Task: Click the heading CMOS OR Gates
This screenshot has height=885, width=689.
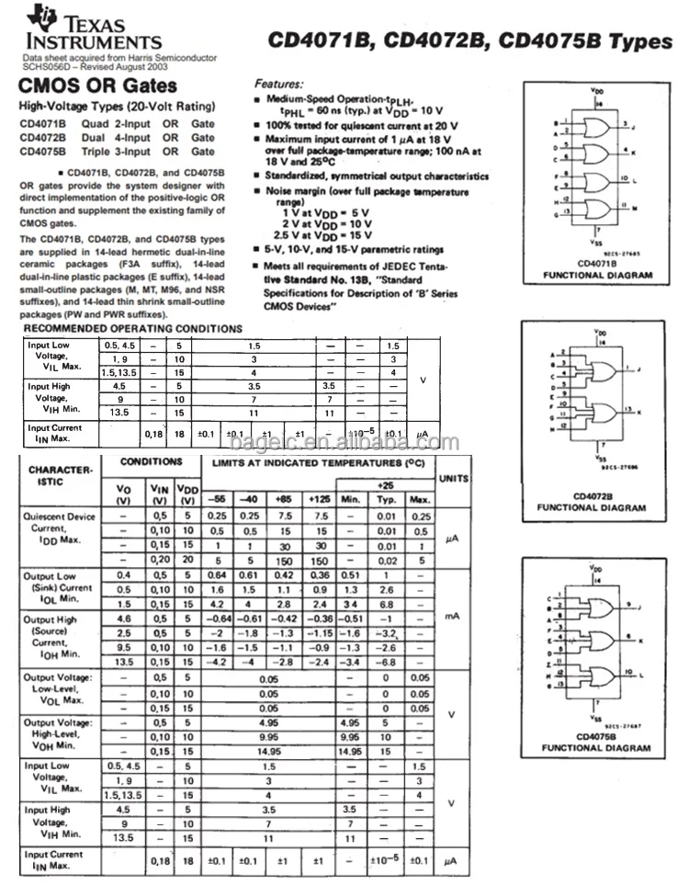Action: click(98, 87)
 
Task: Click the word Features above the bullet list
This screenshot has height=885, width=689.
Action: click(278, 83)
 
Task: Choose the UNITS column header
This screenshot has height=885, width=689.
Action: click(453, 479)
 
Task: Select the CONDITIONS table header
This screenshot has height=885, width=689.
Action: click(152, 462)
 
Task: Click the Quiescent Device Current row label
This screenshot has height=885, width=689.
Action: click(59, 529)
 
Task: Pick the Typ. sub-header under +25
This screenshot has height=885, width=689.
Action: click(387, 499)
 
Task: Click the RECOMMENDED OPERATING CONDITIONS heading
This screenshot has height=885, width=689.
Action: click(133, 329)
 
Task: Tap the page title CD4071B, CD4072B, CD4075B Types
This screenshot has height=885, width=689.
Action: click(469, 42)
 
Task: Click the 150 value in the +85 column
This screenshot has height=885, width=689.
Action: click(284, 561)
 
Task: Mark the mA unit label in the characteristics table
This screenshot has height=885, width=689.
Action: click(452, 616)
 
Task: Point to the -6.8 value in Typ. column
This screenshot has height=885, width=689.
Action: click(387, 661)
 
